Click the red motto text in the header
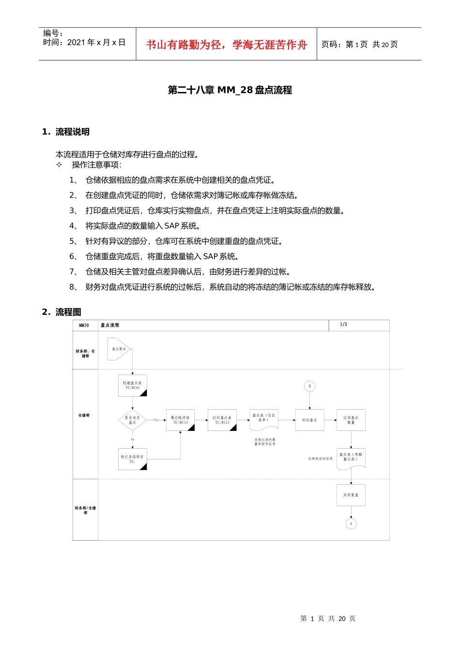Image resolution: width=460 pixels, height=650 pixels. click(x=227, y=45)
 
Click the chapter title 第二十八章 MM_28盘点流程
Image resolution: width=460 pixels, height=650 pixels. click(x=230, y=90)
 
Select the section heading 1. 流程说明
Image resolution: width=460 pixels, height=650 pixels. click(x=66, y=132)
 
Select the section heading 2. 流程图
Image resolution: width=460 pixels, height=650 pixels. click(x=61, y=312)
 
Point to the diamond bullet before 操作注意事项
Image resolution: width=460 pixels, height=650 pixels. click(x=59, y=165)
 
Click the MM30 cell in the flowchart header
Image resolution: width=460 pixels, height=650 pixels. click(x=84, y=325)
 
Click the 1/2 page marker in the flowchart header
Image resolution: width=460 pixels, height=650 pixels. click(x=343, y=325)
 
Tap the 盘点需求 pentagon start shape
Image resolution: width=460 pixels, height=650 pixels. click(x=119, y=349)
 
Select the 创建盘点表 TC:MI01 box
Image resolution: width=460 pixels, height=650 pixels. click(x=132, y=385)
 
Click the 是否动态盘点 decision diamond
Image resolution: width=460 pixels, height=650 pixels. click(x=132, y=420)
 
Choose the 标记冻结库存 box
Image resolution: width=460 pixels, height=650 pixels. click(x=132, y=459)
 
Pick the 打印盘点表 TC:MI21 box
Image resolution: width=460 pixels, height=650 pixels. click(x=222, y=420)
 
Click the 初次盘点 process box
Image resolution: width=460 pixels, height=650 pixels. click(x=309, y=420)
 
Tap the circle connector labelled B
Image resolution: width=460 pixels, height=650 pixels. click(x=310, y=386)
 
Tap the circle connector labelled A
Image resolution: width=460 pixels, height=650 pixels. click(x=351, y=523)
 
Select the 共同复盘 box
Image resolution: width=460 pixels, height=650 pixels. click(x=351, y=495)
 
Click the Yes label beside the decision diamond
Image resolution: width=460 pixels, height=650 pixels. click(x=156, y=420)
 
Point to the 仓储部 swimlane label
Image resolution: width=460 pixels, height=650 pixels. click(x=84, y=415)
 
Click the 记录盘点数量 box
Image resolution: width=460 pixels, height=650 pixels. click(x=351, y=420)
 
